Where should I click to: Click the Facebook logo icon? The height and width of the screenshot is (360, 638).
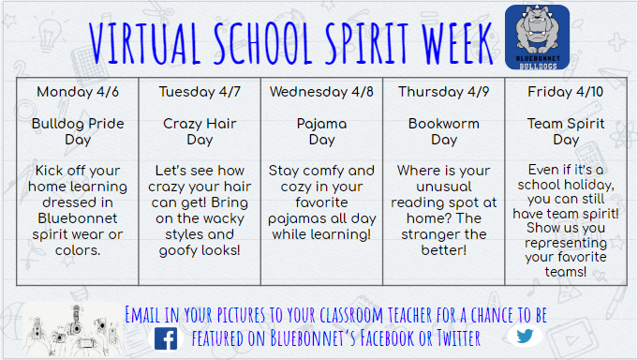tap(166, 337)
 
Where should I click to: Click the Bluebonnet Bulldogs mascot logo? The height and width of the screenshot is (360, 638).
tap(538, 37)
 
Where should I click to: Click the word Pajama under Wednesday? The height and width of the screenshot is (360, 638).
tap(321, 123)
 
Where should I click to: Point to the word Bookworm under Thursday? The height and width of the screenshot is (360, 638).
tap(443, 123)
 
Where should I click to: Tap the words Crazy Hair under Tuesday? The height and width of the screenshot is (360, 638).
tap(200, 123)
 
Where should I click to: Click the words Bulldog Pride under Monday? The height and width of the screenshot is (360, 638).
tap(78, 123)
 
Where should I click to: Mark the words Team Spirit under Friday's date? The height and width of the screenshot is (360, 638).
tap(565, 123)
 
